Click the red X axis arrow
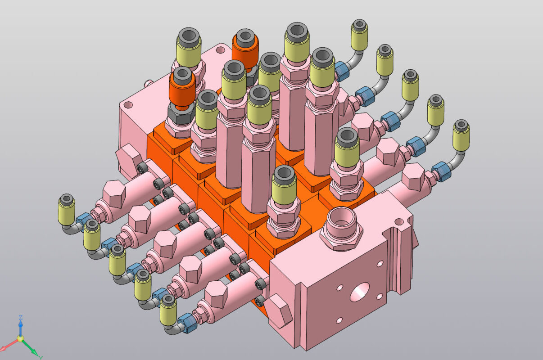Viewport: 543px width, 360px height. coord(6,347)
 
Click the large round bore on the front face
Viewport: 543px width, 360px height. coord(359,292)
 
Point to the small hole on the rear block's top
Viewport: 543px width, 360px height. coord(128,105)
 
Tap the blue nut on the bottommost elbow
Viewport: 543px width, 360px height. coord(185,322)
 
